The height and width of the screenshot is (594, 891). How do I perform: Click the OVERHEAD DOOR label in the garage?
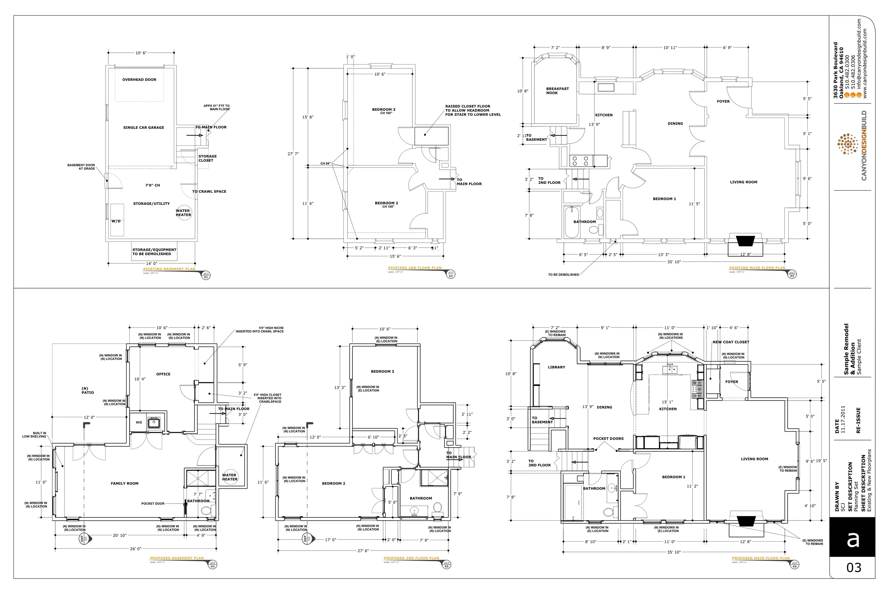point(139,80)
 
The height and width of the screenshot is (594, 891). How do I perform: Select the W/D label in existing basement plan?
point(116,221)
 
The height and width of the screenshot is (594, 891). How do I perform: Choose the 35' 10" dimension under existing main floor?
point(674,262)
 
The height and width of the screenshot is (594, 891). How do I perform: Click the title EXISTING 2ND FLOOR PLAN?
point(414,268)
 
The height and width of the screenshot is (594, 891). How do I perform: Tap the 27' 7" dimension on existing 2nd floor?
point(293,154)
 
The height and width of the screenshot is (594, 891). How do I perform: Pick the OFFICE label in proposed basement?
point(163,374)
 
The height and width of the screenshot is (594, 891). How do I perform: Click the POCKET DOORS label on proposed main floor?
point(608,439)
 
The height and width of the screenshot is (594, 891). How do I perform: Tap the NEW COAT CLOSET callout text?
point(731,342)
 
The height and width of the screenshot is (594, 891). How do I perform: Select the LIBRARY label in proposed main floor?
point(556,367)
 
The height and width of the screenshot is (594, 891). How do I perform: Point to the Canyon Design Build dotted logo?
point(848,144)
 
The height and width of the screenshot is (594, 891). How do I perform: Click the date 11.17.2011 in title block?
point(843,419)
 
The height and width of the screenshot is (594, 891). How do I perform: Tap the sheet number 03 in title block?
point(854,568)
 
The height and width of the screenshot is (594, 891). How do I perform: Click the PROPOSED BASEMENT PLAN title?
point(176,558)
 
